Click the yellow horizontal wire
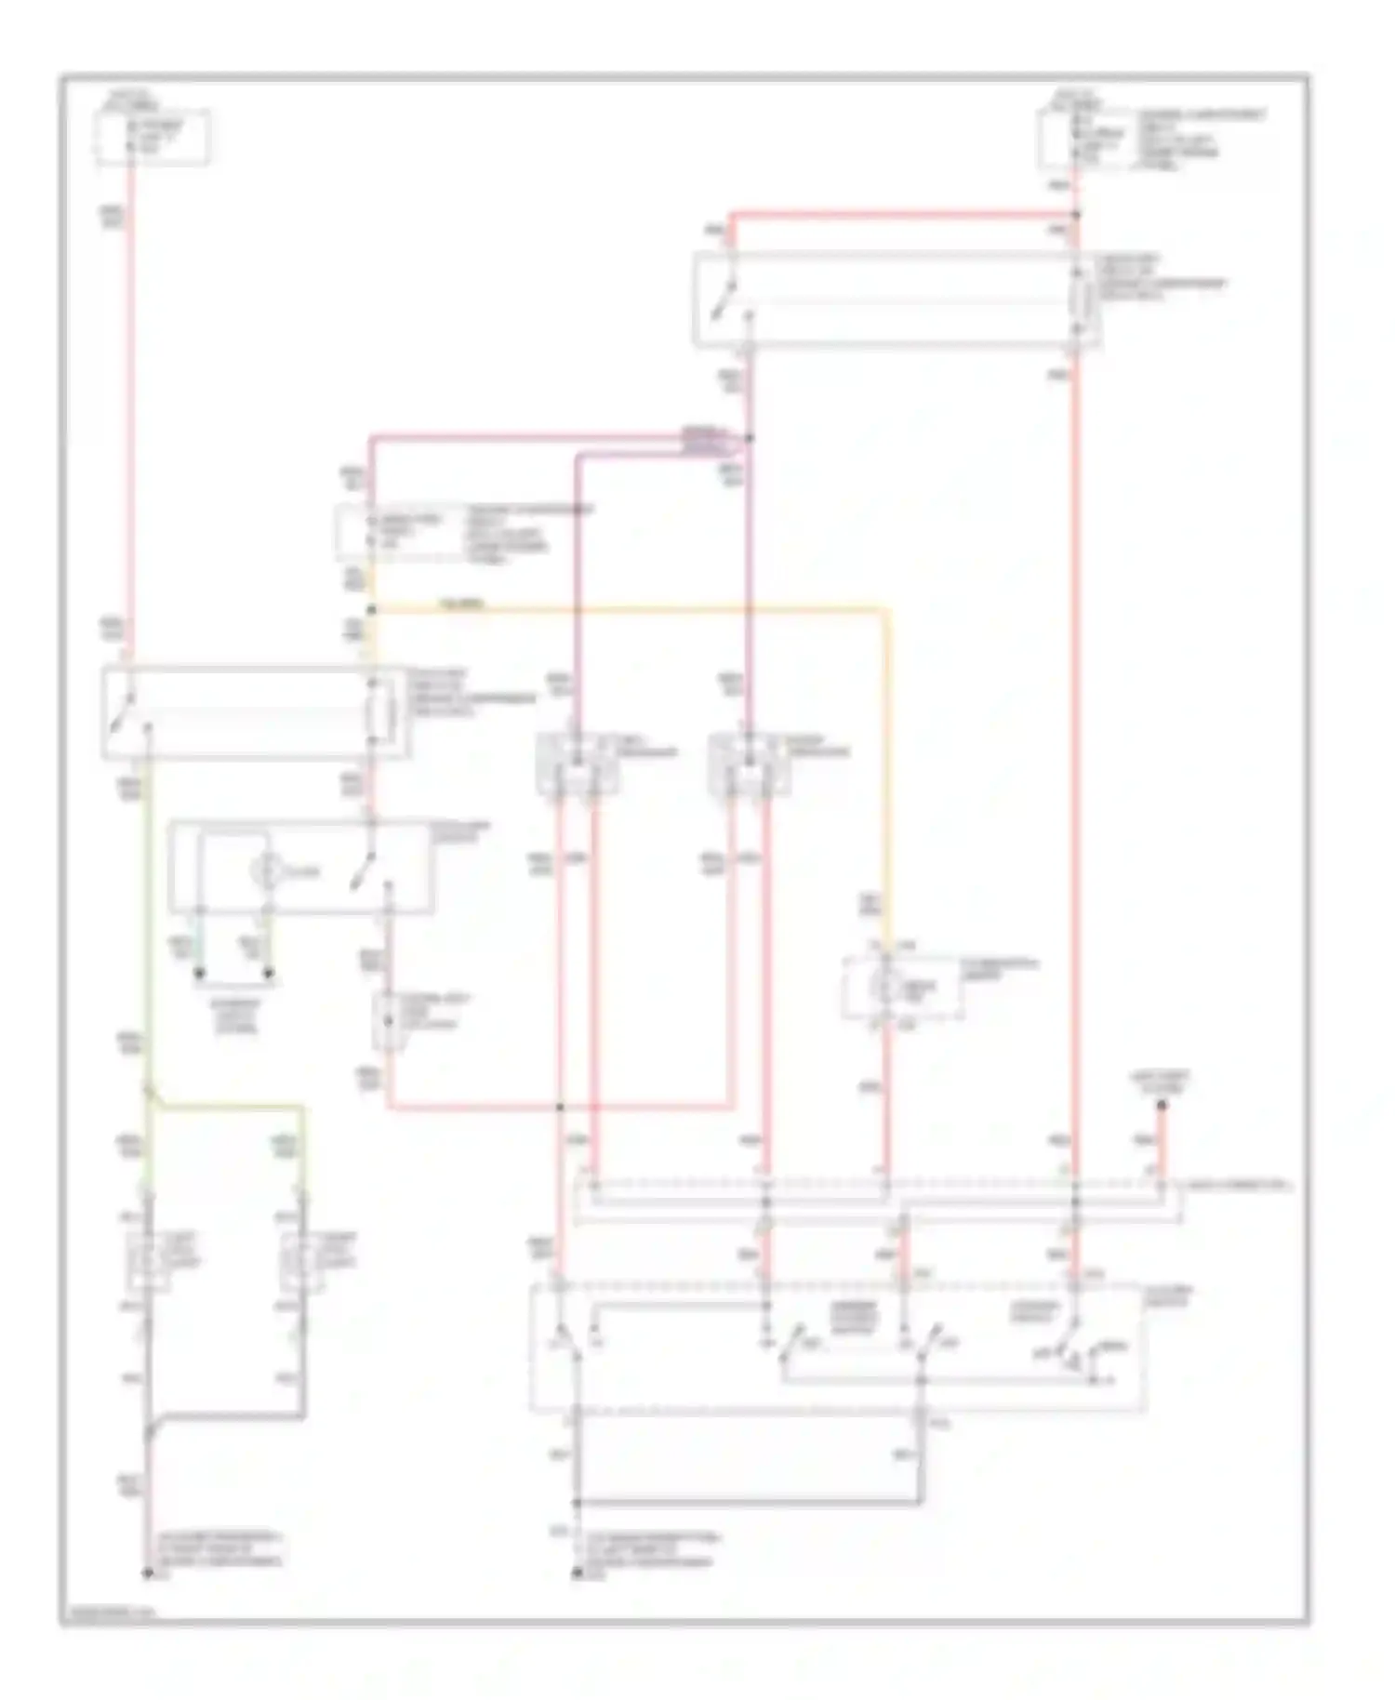(x=632, y=610)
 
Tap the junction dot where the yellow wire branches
(x=371, y=610)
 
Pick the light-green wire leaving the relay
(x=147, y=930)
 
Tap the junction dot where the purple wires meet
(x=750, y=438)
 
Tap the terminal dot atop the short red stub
(x=1162, y=1106)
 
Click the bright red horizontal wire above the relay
(x=902, y=215)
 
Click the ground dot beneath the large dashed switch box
(x=577, y=1574)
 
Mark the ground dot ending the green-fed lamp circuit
(x=147, y=1574)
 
